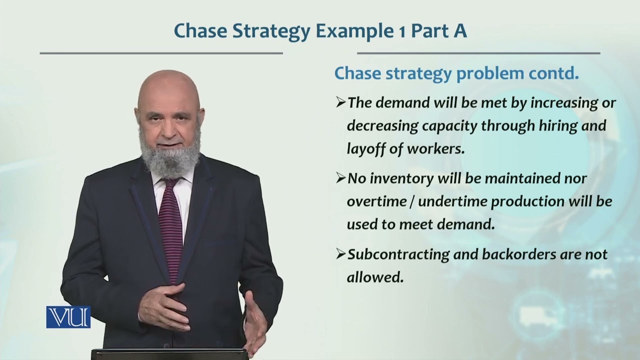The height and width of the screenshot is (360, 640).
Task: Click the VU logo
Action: tap(68, 317)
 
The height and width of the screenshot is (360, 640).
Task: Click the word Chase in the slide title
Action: tap(198, 31)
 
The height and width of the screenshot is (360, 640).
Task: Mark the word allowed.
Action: tap(374, 277)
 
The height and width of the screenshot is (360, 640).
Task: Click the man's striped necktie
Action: tap(171, 225)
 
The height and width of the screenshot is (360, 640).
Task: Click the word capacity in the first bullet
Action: tap(449, 126)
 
